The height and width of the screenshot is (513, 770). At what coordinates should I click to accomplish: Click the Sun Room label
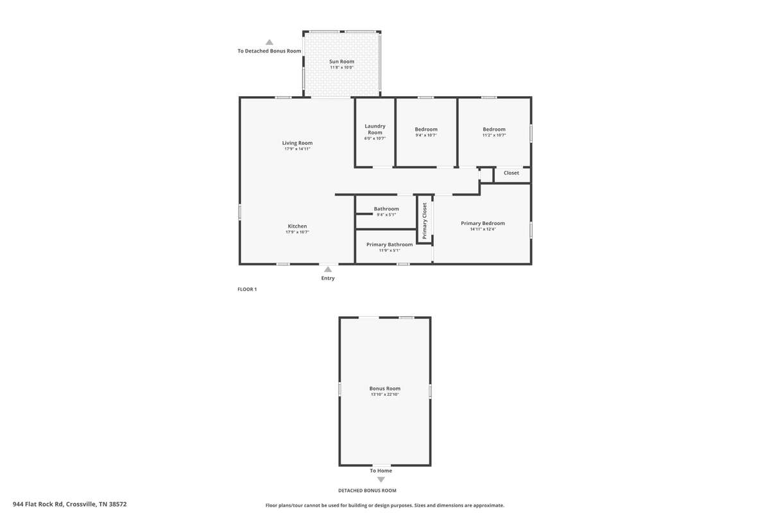pyautogui.click(x=341, y=62)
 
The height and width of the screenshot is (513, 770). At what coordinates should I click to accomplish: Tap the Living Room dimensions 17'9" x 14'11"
pyautogui.click(x=297, y=149)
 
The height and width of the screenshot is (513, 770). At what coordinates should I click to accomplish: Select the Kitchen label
pyautogui.click(x=297, y=226)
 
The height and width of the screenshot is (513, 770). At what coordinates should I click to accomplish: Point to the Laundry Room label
pyautogui.click(x=375, y=129)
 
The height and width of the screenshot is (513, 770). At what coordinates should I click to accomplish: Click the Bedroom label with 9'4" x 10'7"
pyautogui.click(x=426, y=129)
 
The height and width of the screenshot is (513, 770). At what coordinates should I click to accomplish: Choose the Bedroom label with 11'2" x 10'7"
pyautogui.click(x=494, y=129)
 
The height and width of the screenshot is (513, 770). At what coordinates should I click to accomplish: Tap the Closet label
pyautogui.click(x=511, y=173)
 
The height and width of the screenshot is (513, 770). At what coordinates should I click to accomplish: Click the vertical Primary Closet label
pyautogui.click(x=425, y=221)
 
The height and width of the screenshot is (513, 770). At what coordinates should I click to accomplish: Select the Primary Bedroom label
pyautogui.click(x=483, y=223)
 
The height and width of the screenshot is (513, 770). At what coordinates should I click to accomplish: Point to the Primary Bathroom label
pyautogui.click(x=389, y=245)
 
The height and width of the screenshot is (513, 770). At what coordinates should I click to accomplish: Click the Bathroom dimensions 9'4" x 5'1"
pyautogui.click(x=386, y=215)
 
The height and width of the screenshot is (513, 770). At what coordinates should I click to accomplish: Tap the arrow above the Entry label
pyautogui.click(x=328, y=269)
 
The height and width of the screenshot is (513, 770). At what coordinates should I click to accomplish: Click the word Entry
pyautogui.click(x=328, y=278)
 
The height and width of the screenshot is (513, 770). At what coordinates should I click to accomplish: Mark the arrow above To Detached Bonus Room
pyautogui.click(x=269, y=42)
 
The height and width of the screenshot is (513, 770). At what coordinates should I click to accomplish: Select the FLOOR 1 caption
pyautogui.click(x=247, y=289)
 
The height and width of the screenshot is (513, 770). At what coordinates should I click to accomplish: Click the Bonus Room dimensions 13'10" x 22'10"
pyautogui.click(x=385, y=394)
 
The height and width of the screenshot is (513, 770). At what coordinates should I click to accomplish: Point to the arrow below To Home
pyautogui.click(x=381, y=480)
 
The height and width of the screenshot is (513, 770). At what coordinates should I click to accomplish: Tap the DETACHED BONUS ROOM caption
pyautogui.click(x=367, y=491)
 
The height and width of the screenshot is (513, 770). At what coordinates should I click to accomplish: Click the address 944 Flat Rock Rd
pyautogui.click(x=38, y=504)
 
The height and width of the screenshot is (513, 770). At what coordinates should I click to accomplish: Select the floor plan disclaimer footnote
pyautogui.click(x=385, y=505)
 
